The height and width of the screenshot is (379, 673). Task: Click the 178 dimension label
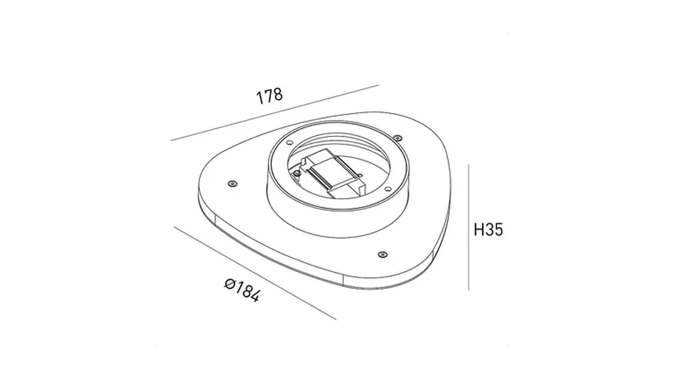point(269,96)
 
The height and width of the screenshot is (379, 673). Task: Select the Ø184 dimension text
point(242,290)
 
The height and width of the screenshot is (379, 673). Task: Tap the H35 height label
point(488,229)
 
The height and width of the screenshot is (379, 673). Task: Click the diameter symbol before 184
point(230,283)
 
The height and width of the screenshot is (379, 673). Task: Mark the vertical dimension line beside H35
point(468,227)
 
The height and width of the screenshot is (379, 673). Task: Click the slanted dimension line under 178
point(275,113)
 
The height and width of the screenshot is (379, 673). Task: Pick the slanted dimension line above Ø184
point(255,273)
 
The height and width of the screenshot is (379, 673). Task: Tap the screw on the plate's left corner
point(232,184)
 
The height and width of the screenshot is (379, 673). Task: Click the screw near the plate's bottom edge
point(383,255)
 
